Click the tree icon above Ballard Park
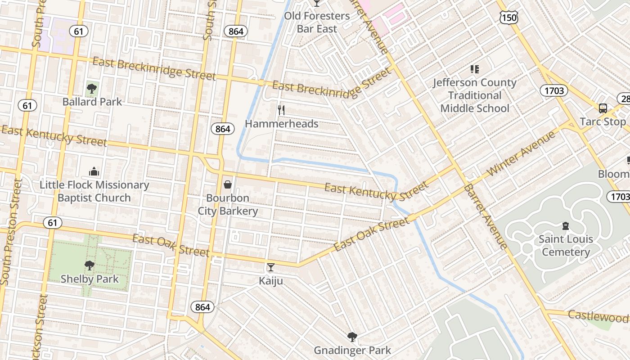(92, 88)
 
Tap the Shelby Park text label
(90, 279)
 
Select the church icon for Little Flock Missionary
(94, 171)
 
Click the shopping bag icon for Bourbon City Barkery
(228, 184)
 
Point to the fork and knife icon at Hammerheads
(281, 110)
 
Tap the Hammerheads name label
(281, 124)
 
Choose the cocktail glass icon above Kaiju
(270, 267)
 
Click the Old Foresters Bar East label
(317, 22)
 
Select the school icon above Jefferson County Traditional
(474, 69)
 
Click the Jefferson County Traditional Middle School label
(475, 95)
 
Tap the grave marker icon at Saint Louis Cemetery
(566, 225)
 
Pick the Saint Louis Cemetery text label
(566, 245)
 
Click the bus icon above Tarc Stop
(603, 108)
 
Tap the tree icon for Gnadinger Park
(352, 337)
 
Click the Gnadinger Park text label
(352, 350)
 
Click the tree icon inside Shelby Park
(90, 265)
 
